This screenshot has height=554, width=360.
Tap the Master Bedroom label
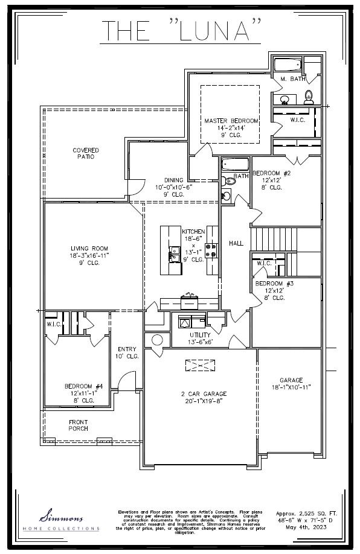pos(231,121)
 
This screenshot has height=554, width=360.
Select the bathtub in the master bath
pos(287,65)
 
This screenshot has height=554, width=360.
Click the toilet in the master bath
pos(308,95)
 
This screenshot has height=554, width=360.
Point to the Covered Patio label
pos(86,153)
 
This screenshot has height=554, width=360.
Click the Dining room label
pos(174,180)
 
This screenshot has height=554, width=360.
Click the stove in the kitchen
pos(211,250)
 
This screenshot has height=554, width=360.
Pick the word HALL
pos(236,243)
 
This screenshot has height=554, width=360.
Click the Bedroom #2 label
pos(272,173)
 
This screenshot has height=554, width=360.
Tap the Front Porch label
pos(78,425)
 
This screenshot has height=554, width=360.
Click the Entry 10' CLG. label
pos(127,352)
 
